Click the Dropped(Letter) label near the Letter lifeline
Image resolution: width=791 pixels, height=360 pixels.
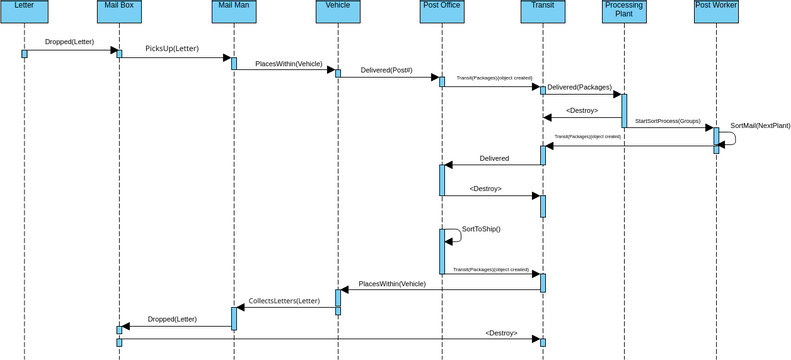click(x=70, y=42)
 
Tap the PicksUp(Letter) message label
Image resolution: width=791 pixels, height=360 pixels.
click(x=173, y=49)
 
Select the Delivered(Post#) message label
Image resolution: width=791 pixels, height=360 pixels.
click(x=386, y=71)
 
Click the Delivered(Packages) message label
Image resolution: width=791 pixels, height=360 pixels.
click(x=579, y=87)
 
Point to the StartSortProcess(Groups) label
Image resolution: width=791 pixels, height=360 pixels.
click(x=667, y=120)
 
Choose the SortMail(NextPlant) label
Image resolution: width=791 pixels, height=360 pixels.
click(x=760, y=126)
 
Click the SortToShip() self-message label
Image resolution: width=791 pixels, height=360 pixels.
click(x=480, y=229)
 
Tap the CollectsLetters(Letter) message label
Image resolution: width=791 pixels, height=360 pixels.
click(x=284, y=300)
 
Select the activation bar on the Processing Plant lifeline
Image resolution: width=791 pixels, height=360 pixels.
click(x=624, y=110)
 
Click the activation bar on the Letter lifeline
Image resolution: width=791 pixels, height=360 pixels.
click(x=24, y=54)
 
